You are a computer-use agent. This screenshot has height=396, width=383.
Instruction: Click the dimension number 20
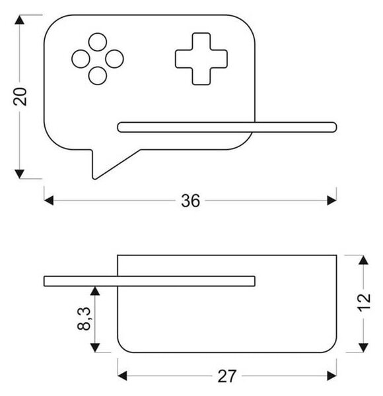pos(20,97)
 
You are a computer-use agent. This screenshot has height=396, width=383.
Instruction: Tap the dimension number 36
pos(190,201)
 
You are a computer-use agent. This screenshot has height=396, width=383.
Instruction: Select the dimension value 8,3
pos(84,319)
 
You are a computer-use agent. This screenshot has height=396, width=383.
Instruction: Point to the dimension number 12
pos(365,303)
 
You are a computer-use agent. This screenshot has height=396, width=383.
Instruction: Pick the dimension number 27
pos(226,376)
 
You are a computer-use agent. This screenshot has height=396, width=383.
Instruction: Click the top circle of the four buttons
pos(98,42)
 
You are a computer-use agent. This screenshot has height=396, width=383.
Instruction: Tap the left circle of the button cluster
pos(81,59)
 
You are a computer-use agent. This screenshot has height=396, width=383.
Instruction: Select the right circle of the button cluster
pos(114,59)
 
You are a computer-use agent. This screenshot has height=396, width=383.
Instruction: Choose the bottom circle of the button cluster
pos(98,75)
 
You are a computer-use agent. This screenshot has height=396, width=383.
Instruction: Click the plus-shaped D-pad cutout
pos(201,59)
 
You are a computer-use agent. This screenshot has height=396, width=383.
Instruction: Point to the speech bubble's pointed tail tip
pos(94,179)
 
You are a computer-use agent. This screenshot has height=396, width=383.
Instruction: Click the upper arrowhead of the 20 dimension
pos(19,20)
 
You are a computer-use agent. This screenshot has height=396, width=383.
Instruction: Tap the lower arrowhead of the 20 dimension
pos(19,174)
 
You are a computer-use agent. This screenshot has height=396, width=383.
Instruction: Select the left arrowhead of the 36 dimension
pos(49,201)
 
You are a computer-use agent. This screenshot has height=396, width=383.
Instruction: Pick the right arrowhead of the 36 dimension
pos(331,201)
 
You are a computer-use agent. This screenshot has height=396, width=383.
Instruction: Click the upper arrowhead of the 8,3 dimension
pos(94,291)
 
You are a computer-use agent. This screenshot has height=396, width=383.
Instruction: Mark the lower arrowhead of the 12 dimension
pos(363,348)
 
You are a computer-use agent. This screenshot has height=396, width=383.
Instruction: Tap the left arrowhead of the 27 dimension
pos(122,376)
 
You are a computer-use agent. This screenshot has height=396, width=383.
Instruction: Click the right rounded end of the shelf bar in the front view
pos(334,127)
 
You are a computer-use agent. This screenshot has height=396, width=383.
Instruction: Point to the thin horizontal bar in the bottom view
pos(149,281)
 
